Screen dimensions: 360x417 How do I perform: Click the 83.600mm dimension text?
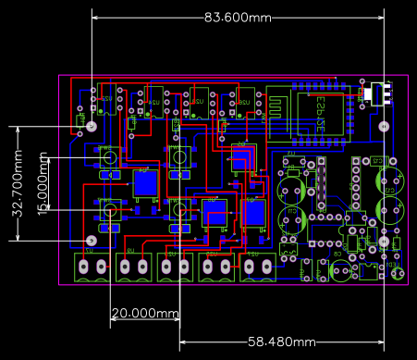(x=238, y=18)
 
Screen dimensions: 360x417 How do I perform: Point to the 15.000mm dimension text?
(x=43, y=185)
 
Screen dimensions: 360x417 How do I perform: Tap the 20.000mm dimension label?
(x=144, y=314)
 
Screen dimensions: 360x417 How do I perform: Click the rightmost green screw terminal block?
(x=257, y=267)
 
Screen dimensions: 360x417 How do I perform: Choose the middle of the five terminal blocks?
(x=174, y=267)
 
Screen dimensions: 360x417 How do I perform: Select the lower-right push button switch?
(x=178, y=209)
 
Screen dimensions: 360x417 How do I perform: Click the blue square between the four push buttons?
(x=144, y=184)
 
